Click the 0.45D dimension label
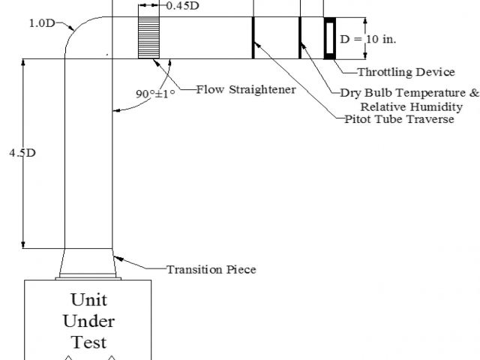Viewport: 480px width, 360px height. pyautogui.click(x=182, y=6)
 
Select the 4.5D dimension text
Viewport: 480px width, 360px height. pyautogui.click(x=22, y=153)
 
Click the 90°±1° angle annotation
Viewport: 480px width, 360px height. pyautogui.click(x=154, y=94)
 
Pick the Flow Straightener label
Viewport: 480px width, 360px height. pyautogui.click(x=245, y=90)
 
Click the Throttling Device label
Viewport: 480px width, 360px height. pyautogui.click(x=405, y=72)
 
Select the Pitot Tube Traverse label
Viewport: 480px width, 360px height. pyautogui.click(x=399, y=119)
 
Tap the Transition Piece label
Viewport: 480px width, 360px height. pyautogui.click(x=211, y=268)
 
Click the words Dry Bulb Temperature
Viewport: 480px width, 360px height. pyautogui.click(x=403, y=94)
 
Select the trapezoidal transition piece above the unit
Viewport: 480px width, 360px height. pyautogui.click(x=89, y=265)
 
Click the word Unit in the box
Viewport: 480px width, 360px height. pyautogui.click(x=89, y=300)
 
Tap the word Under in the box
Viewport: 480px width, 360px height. pyautogui.click(x=89, y=322)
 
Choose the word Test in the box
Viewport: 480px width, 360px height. pyautogui.click(x=89, y=342)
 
